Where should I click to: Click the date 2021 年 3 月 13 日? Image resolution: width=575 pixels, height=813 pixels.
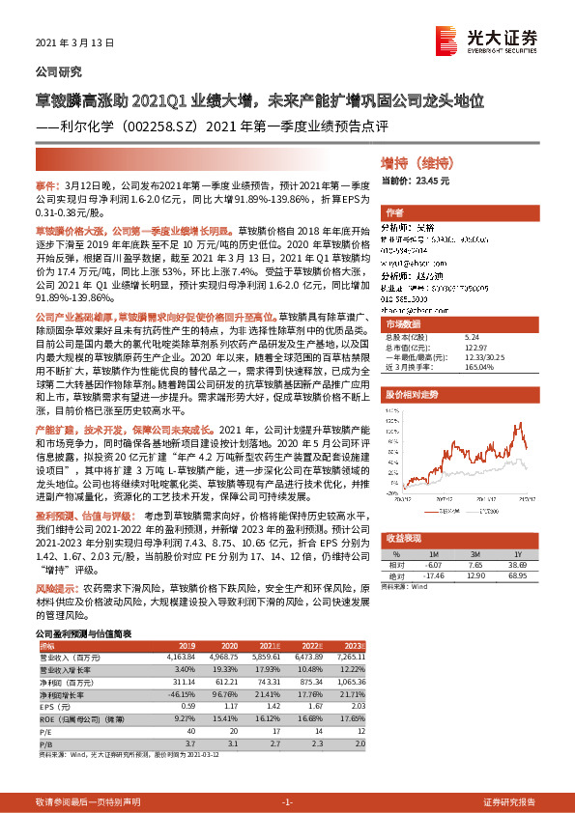tap(74, 43)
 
